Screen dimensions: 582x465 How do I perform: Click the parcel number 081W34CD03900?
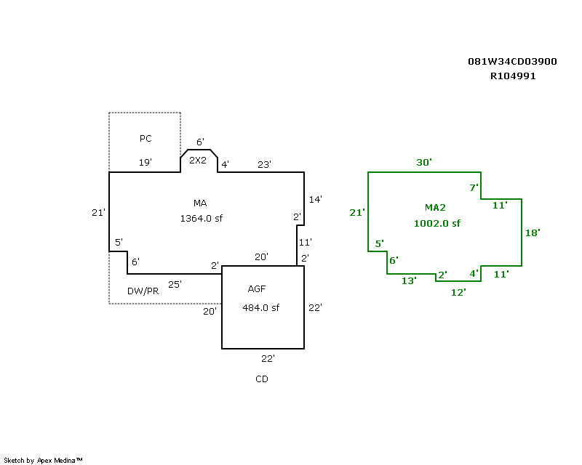point(512,62)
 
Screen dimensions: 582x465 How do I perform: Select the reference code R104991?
point(513,76)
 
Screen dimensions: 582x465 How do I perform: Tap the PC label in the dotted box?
point(145,138)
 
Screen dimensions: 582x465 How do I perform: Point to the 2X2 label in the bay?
point(197,160)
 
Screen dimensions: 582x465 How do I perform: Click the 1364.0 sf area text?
point(202,219)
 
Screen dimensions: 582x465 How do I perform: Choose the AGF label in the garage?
point(257,289)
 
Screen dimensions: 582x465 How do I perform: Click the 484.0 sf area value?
point(260,308)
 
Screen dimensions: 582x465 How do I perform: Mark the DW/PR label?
point(143,291)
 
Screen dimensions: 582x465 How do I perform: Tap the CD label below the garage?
point(262,379)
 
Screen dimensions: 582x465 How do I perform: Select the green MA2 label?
point(435,207)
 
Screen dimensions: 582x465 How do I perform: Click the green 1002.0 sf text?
point(437,223)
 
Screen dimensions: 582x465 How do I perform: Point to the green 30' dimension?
point(424,163)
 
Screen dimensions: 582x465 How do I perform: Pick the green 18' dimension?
point(533,233)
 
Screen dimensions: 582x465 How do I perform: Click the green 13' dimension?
point(409,280)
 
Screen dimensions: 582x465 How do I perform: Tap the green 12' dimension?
point(458,293)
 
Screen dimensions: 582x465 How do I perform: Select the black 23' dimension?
point(264,164)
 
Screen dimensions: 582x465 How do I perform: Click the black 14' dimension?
point(315,200)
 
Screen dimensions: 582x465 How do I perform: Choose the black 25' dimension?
point(175,284)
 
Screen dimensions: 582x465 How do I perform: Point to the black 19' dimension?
point(145,163)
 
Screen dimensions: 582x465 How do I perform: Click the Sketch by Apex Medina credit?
point(43,461)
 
